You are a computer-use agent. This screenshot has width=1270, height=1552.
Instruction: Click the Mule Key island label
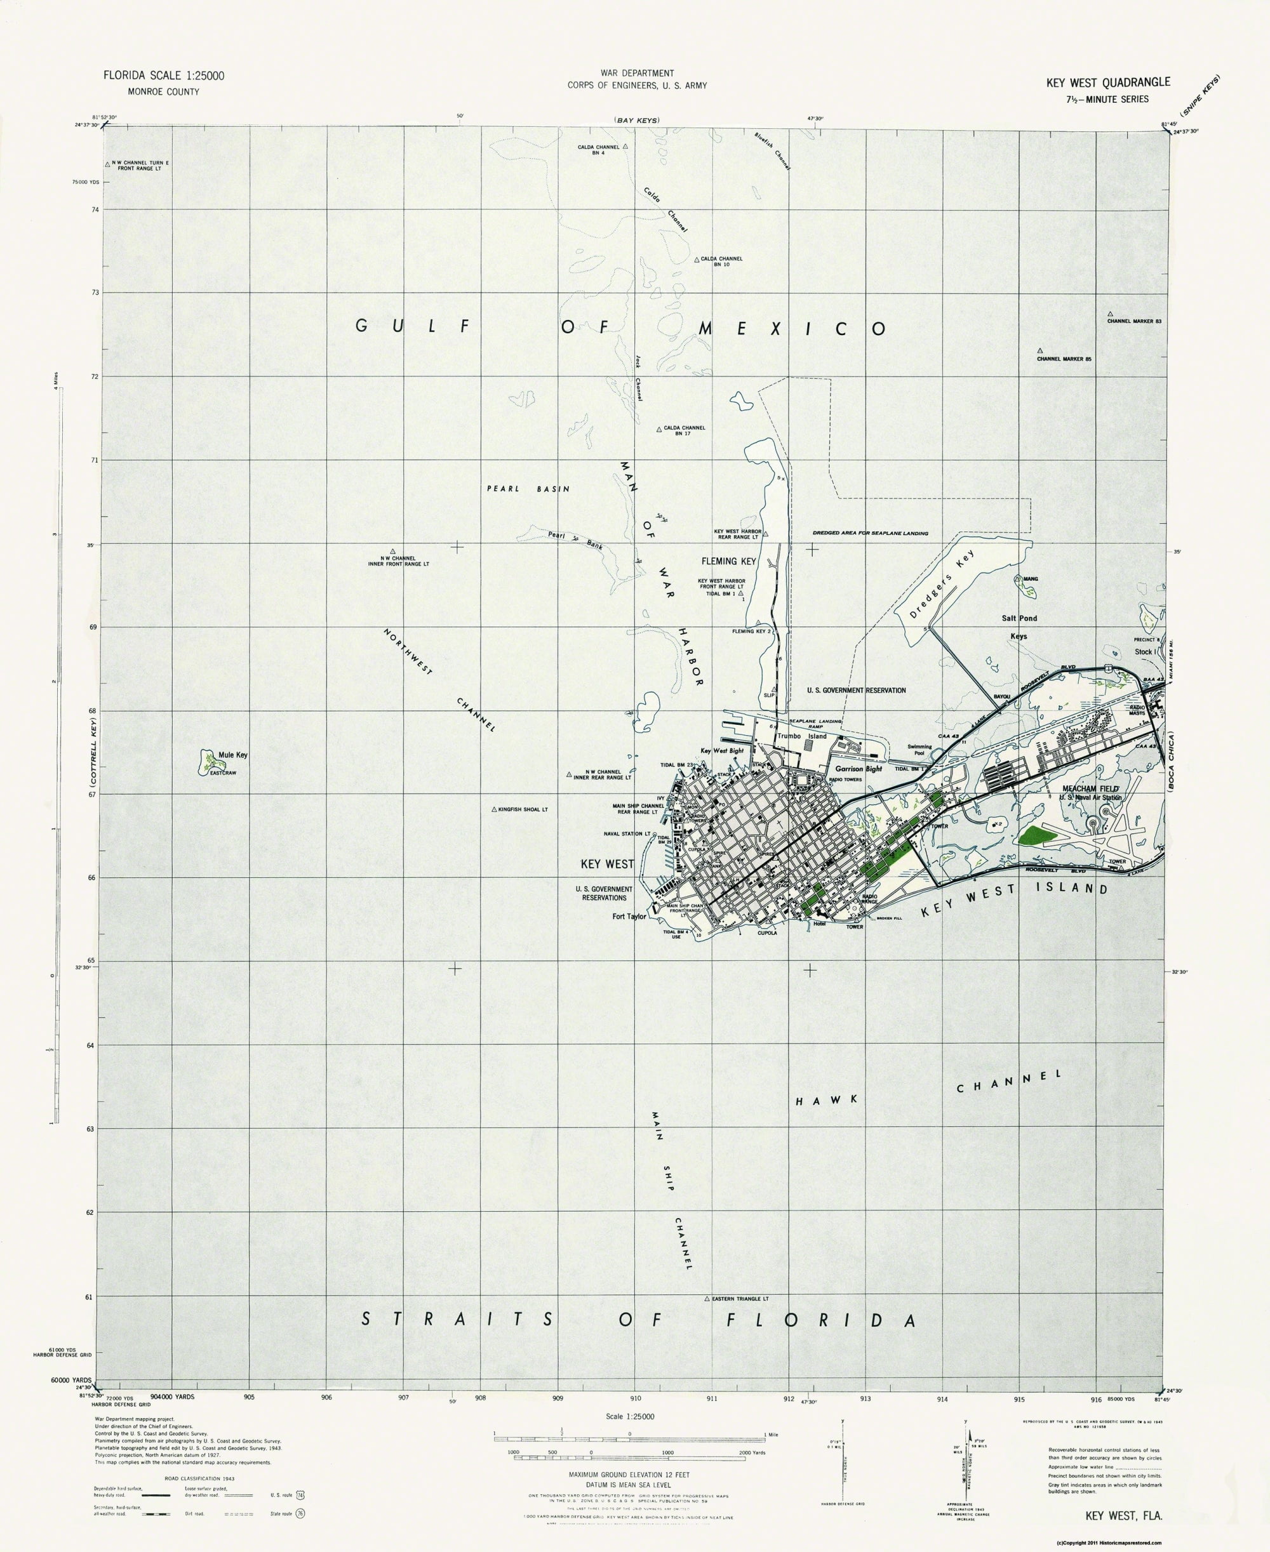click(232, 755)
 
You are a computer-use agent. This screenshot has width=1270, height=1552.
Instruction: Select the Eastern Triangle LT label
click(740, 1299)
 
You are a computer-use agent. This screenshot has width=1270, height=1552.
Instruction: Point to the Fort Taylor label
click(629, 917)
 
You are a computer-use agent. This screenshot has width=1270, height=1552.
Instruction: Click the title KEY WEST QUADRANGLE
click(1107, 83)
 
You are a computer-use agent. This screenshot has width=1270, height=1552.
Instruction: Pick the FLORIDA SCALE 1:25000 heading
click(163, 76)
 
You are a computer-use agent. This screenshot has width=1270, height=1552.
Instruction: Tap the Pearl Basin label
click(528, 489)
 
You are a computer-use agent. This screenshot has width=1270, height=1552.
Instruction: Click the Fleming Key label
click(728, 561)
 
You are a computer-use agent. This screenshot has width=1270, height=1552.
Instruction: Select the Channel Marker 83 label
click(1134, 321)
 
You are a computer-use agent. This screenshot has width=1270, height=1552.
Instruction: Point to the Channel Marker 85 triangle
click(1039, 351)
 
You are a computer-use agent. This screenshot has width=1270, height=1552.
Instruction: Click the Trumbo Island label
click(802, 736)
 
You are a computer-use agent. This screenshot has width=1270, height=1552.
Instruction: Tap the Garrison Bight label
click(858, 769)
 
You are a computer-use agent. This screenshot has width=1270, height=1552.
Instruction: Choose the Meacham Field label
click(1090, 788)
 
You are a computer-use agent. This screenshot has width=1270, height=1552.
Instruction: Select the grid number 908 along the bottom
click(480, 1398)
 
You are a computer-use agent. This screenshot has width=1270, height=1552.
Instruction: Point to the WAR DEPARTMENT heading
click(636, 73)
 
